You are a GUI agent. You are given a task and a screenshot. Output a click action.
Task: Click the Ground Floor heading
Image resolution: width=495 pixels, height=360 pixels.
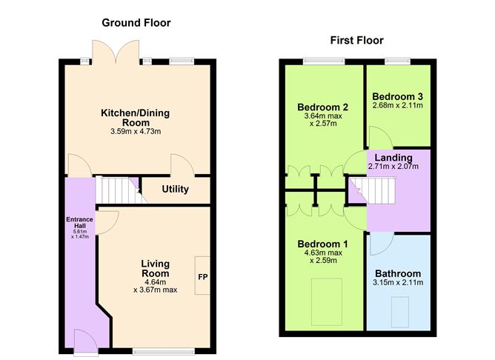[x=136, y=23]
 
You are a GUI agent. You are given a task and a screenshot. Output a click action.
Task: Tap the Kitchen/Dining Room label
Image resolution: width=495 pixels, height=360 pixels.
[x=136, y=117]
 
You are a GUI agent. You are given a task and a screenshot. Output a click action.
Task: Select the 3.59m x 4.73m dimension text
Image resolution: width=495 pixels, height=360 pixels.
[x=136, y=132]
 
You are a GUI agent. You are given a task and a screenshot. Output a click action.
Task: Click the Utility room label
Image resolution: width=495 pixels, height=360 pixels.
[x=176, y=190]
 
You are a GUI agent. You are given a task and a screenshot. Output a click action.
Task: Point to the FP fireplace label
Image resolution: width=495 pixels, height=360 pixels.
[x=202, y=278]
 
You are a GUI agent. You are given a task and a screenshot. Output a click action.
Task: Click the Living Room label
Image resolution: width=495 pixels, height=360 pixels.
[x=156, y=268]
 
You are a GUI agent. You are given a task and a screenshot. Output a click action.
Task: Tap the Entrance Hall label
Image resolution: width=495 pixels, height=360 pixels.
[x=76, y=221]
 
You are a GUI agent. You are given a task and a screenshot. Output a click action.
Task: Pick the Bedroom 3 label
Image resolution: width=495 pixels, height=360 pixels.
[x=398, y=96]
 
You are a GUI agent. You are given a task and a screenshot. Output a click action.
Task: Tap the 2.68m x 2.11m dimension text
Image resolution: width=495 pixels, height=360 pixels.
[x=398, y=106]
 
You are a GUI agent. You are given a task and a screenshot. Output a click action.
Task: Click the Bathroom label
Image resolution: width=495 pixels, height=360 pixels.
[x=398, y=273]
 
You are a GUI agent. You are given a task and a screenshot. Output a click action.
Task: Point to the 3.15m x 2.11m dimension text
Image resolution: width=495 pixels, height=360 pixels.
[x=398, y=282]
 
